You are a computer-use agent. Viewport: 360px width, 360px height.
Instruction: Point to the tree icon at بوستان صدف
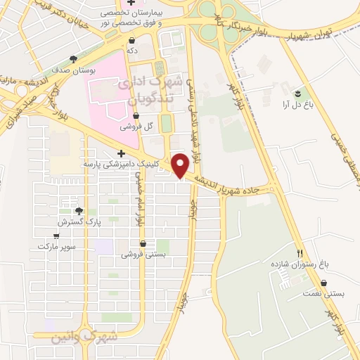click(x=74, y=60)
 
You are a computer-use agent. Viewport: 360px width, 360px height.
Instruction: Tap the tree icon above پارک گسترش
click(x=79, y=211)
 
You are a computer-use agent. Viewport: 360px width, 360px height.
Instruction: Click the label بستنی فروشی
click(x=143, y=255)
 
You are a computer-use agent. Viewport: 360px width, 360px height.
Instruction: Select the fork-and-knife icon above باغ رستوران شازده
click(x=300, y=253)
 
